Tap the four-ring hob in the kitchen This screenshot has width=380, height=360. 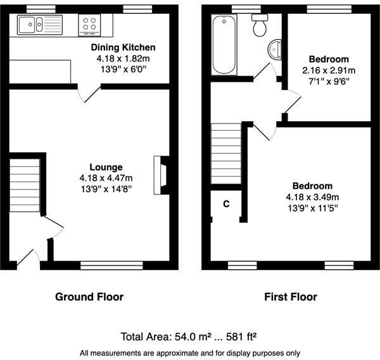[89, 25]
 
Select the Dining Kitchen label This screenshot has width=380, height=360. [123, 48]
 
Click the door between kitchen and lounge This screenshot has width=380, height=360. [88, 93]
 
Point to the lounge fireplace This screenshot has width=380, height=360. [161, 174]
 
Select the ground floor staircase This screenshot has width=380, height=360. [25, 184]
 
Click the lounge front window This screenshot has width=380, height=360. [111, 265]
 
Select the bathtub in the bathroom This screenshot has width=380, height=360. [224, 44]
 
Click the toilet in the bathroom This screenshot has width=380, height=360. [259, 25]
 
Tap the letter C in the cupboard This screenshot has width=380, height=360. [226, 205]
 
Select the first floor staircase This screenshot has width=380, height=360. [226, 152]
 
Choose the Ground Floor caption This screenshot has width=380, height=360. [89, 297]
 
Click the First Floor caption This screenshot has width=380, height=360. [291, 297]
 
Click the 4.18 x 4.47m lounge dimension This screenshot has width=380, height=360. [105, 178]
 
